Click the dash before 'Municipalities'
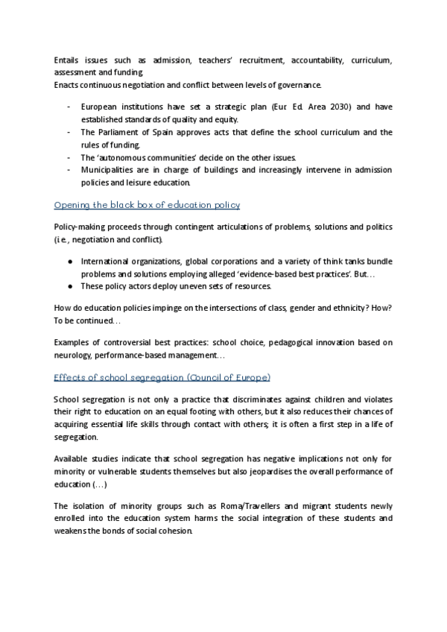(69, 171)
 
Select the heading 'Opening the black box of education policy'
(147, 204)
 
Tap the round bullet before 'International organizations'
(69, 261)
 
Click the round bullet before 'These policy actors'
(69, 286)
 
